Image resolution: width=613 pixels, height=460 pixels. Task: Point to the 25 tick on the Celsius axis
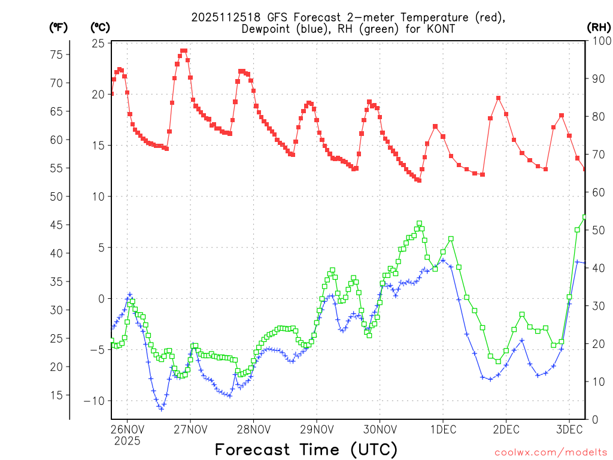click(98, 43)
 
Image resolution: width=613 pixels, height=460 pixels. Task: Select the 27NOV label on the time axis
click(190, 429)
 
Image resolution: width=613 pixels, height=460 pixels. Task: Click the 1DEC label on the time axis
click(443, 429)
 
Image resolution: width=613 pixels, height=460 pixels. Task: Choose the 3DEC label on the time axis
click(569, 429)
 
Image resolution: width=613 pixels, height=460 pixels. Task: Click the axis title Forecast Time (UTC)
click(306, 449)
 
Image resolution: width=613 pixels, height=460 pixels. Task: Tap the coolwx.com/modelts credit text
click(551, 452)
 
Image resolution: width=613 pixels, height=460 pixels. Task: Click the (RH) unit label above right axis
click(598, 27)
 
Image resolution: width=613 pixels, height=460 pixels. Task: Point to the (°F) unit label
click(59, 27)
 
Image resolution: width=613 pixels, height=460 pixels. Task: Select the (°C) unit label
click(101, 27)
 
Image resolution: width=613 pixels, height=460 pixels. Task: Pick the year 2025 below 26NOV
click(127, 441)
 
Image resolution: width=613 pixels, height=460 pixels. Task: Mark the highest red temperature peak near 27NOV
click(184, 51)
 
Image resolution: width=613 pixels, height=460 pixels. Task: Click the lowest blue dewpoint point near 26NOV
click(161, 408)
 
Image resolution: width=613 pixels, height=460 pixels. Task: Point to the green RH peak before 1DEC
click(419, 223)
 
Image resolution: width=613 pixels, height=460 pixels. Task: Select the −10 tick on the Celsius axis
click(96, 401)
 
